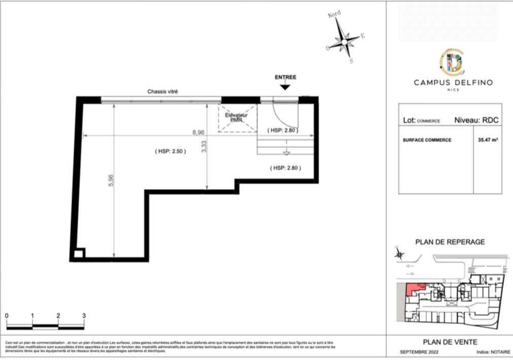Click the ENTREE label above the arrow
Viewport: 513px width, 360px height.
point(285,77)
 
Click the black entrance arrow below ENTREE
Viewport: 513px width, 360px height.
point(285,87)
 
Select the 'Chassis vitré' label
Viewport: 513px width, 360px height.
point(162,91)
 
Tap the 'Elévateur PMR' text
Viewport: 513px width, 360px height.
point(236,118)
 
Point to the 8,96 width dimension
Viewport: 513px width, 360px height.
point(198,132)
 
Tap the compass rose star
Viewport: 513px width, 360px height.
point(345,41)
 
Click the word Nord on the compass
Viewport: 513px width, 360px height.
point(334,15)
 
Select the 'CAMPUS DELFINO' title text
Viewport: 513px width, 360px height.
point(453,82)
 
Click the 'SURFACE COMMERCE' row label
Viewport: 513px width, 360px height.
point(427,140)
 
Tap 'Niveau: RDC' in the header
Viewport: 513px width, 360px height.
point(476,120)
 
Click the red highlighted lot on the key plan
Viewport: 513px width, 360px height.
point(414,289)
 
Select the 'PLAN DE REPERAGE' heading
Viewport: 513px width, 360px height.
point(450,242)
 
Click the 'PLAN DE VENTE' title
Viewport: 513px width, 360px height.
point(450,342)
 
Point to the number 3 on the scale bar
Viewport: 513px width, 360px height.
point(84,316)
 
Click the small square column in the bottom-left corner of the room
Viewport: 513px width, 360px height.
point(78,254)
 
